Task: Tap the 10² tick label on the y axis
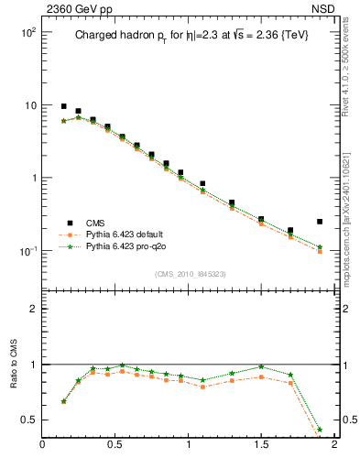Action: pyautogui.click(x=27, y=32)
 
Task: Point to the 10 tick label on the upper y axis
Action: pyautogui.click(x=29, y=105)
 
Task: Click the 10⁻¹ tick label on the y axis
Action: pyautogui.click(x=27, y=251)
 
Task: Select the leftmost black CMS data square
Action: pyautogui.click(x=63, y=106)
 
